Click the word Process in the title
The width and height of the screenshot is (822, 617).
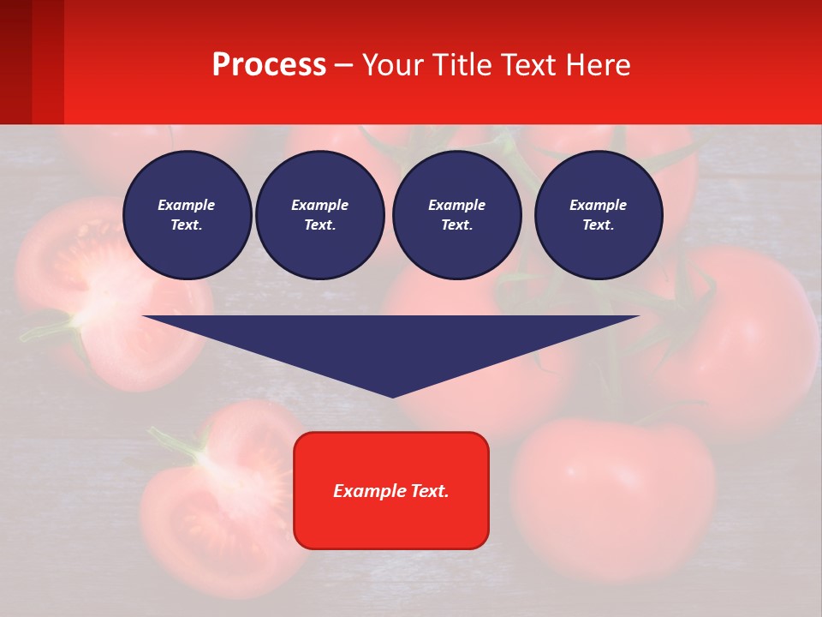coord(269,65)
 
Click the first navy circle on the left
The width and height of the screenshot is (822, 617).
coord(187,215)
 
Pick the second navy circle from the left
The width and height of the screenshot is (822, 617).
coord(320,215)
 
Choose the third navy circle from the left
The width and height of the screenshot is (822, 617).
coord(456,215)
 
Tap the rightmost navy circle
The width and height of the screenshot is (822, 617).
coord(599,215)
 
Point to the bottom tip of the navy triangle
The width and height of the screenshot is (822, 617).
coord(393,396)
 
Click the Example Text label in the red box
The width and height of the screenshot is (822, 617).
coord(391,491)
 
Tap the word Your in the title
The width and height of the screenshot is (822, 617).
coord(395,65)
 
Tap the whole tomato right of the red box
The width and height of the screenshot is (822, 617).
coord(612,488)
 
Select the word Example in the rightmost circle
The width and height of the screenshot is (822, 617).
coord(599,205)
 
